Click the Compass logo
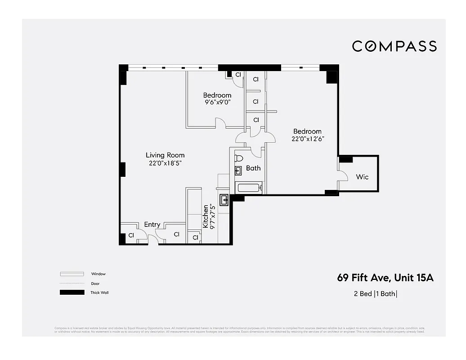(394, 46)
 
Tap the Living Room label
(165, 155)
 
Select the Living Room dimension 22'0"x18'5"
(165, 164)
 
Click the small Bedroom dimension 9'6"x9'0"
(217, 103)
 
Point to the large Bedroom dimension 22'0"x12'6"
(308, 139)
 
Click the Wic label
(362, 177)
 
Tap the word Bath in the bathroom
(253, 168)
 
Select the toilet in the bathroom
(238, 158)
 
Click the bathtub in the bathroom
(249, 188)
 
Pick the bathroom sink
(238, 170)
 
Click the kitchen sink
(224, 199)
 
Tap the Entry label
(152, 225)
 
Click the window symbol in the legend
(72, 274)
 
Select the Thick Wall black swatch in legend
(72, 292)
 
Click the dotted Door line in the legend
(72, 283)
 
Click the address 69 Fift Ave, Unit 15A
(385, 278)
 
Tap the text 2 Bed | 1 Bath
(376, 294)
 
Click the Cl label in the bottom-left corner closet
(131, 235)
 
